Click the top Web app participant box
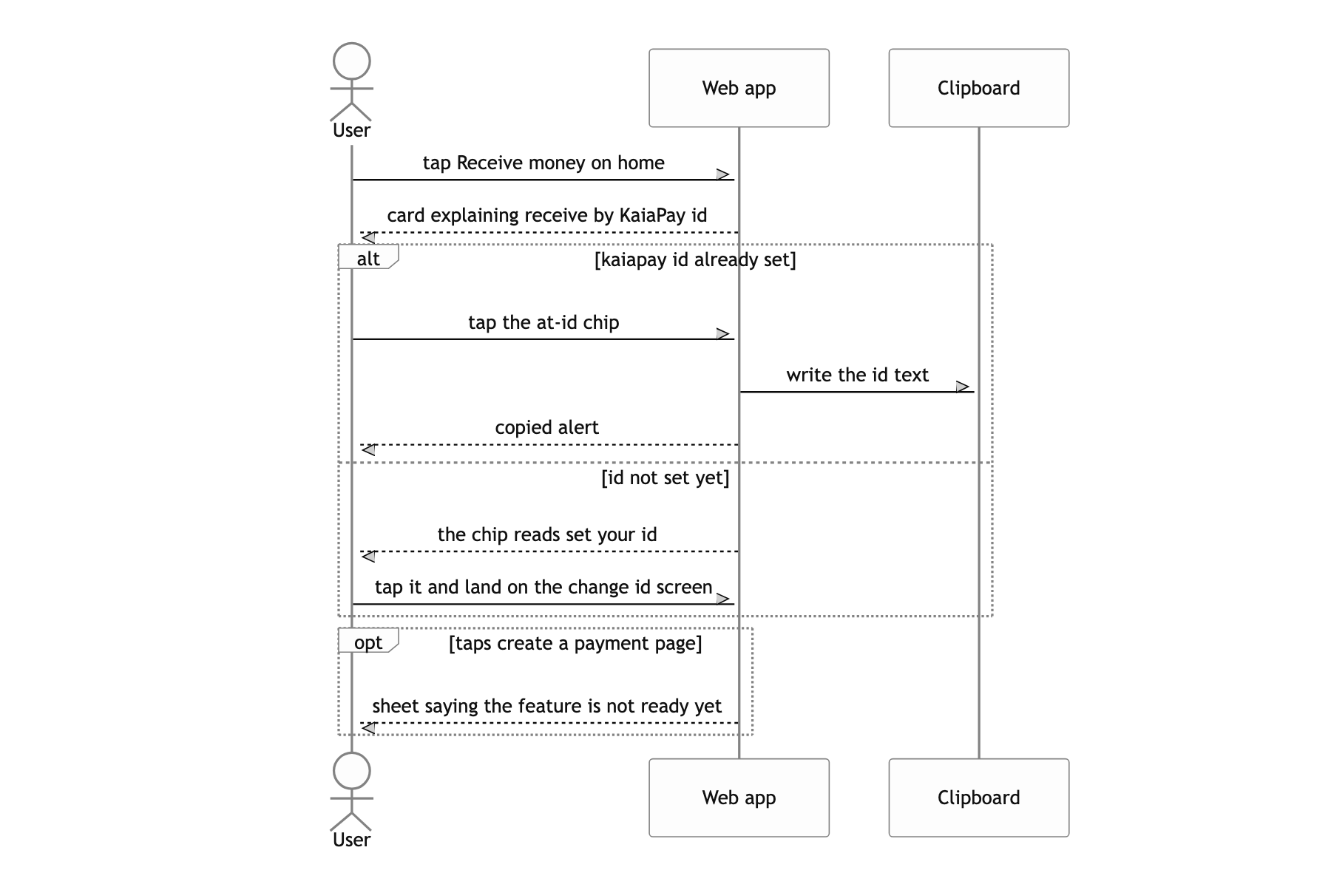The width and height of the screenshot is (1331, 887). [x=739, y=88]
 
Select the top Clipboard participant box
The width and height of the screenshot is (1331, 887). [x=978, y=88]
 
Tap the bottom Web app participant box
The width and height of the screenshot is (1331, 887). [x=739, y=798]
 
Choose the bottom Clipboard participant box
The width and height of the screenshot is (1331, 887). [x=978, y=798]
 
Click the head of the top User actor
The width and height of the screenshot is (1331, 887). [x=352, y=61]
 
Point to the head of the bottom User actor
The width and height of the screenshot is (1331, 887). [x=352, y=771]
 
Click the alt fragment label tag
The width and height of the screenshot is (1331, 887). [x=368, y=256]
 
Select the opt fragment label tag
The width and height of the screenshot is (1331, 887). [x=368, y=640]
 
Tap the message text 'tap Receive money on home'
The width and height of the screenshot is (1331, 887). [x=543, y=163]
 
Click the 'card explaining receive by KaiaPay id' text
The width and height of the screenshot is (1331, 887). [x=547, y=215]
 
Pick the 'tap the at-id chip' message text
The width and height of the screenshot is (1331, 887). [x=543, y=322]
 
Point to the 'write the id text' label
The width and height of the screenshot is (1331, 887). [x=858, y=375]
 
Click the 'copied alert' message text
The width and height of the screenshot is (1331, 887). [x=547, y=427]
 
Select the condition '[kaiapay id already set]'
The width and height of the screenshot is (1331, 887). [x=695, y=259]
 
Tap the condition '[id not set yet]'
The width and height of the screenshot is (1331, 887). [x=665, y=478]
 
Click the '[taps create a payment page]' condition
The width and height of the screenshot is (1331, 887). [x=575, y=643]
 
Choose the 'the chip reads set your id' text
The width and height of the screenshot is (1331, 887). [x=547, y=534]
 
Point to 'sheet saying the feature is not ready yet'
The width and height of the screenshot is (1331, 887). [x=547, y=706]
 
